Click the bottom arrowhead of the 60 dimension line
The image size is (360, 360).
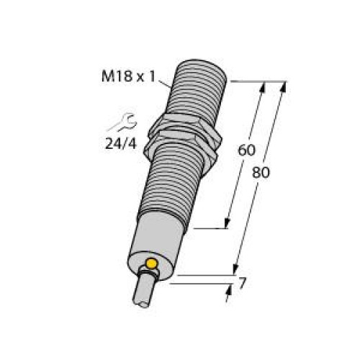coord(230,224)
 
